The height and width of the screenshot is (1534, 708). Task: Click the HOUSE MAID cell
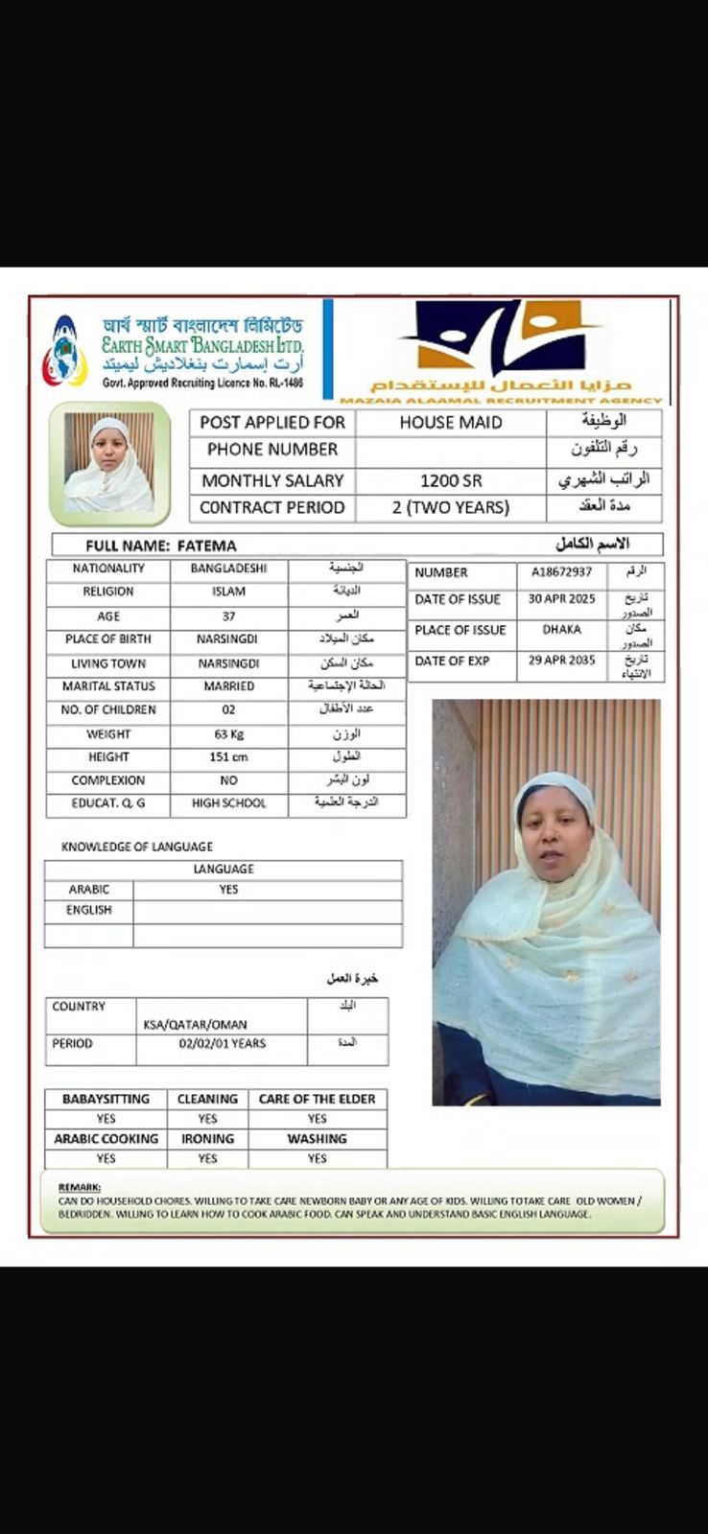click(x=450, y=422)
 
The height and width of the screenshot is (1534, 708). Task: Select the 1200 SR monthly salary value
click(x=451, y=480)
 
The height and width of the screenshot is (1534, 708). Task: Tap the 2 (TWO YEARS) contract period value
click(x=450, y=507)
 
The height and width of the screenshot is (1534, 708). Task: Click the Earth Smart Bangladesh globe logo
click(x=64, y=352)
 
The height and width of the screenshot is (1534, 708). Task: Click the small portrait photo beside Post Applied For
click(x=109, y=464)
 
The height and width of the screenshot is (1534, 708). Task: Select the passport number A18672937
click(x=561, y=572)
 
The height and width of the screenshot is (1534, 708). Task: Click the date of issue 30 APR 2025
click(x=561, y=599)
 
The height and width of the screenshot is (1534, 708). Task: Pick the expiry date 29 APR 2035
click(x=561, y=661)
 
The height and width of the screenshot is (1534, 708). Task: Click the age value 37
click(x=228, y=616)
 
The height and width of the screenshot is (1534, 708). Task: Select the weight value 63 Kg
click(x=228, y=734)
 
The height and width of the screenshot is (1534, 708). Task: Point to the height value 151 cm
click(x=228, y=757)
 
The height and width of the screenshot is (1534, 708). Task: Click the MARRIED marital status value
click(x=228, y=686)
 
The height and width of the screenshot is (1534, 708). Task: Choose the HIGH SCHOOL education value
click(x=228, y=803)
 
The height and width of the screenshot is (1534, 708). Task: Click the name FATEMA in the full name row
click(x=206, y=546)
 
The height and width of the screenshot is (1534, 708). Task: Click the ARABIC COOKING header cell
click(x=106, y=1139)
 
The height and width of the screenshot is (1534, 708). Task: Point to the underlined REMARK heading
click(x=79, y=1187)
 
